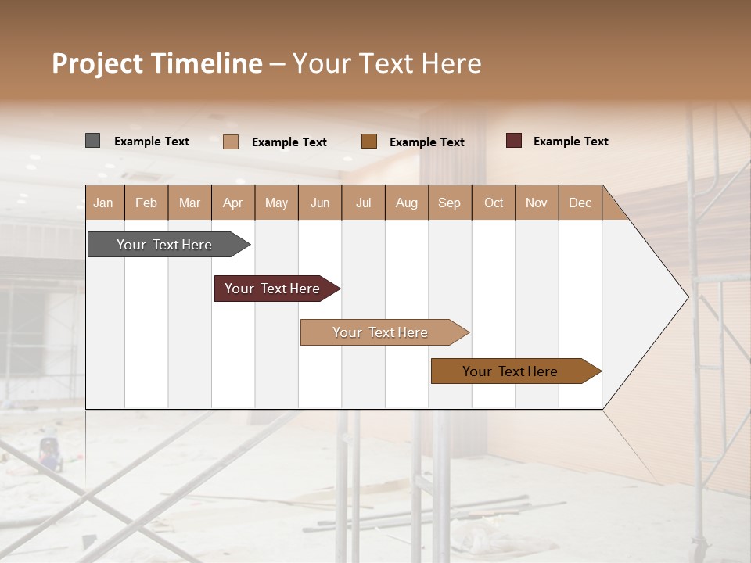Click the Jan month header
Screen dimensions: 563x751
103,203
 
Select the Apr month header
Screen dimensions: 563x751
232,203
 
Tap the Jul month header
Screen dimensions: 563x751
363,203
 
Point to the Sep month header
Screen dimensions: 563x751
449,203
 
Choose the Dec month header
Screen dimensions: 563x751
580,203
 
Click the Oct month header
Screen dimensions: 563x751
494,203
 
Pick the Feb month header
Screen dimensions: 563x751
146,203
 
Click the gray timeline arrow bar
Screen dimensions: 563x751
165,245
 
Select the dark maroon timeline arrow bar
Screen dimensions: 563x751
273,289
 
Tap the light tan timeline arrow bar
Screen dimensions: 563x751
381,332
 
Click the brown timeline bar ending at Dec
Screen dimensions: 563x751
511,371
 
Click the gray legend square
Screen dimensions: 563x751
92,141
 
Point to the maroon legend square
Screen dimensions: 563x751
513,141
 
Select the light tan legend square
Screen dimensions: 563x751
230,142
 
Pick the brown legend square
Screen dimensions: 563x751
369,141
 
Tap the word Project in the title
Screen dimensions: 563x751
97,63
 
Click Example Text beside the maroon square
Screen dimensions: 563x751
570,142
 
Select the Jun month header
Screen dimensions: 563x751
319,203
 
